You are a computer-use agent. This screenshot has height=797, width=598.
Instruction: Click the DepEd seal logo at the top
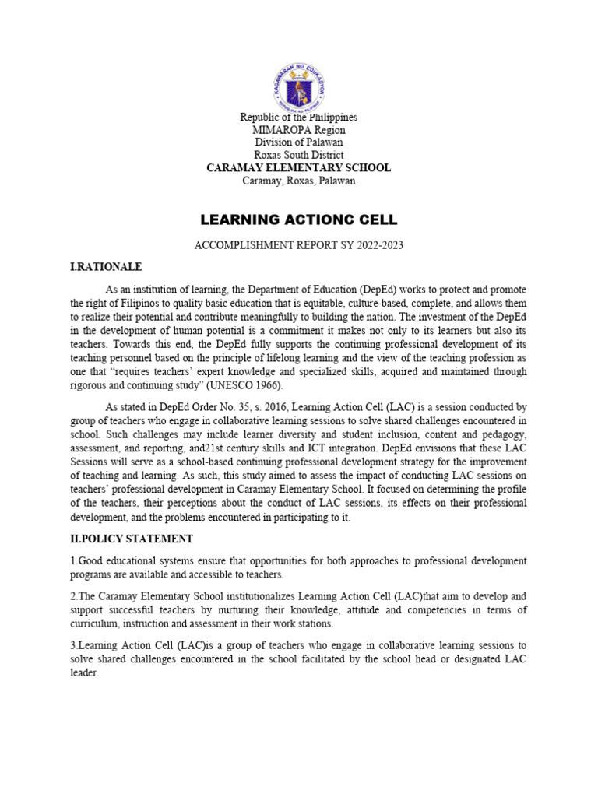[x=298, y=87]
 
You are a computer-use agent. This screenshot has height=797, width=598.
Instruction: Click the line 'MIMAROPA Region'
[x=298, y=130]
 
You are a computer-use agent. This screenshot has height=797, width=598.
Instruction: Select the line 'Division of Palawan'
[x=298, y=142]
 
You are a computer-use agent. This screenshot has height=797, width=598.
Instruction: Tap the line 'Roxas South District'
[x=298, y=155]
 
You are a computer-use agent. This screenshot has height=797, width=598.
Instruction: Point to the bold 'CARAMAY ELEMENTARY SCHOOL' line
[x=298, y=167]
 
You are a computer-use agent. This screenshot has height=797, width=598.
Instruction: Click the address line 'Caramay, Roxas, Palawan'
[x=298, y=181]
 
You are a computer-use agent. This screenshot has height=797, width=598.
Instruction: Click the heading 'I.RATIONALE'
[x=106, y=267]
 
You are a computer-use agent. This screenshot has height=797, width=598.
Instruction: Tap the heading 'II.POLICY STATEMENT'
[x=132, y=539]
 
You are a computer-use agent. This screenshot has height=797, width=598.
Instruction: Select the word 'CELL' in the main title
[x=375, y=219]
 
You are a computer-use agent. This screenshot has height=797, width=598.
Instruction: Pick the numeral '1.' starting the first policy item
[x=73, y=561]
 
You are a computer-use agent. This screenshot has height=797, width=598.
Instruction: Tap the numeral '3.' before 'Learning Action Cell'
[x=73, y=645]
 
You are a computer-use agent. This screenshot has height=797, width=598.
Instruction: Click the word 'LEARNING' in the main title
[x=238, y=219]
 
